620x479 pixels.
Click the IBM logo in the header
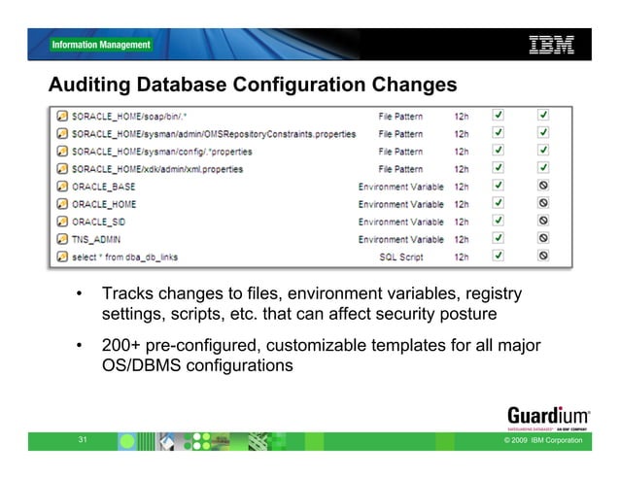pyautogui.click(x=550, y=44)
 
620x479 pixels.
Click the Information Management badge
pyautogui.click(x=101, y=45)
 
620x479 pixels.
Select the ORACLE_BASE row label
pyautogui.click(x=104, y=186)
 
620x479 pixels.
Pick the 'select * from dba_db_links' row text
pyautogui.click(x=124, y=257)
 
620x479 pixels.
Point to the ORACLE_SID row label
pyautogui.click(x=101, y=222)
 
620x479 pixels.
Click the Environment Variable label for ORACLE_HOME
pyautogui.click(x=401, y=204)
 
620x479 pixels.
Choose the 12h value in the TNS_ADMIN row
pyautogui.click(x=464, y=239)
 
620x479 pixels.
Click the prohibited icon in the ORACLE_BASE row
pyautogui.click(x=543, y=186)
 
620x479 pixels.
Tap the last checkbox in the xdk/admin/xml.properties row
pyautogui.click(x=543, y=168)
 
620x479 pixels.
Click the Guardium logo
pyautogui.click(x=548, y=412)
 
